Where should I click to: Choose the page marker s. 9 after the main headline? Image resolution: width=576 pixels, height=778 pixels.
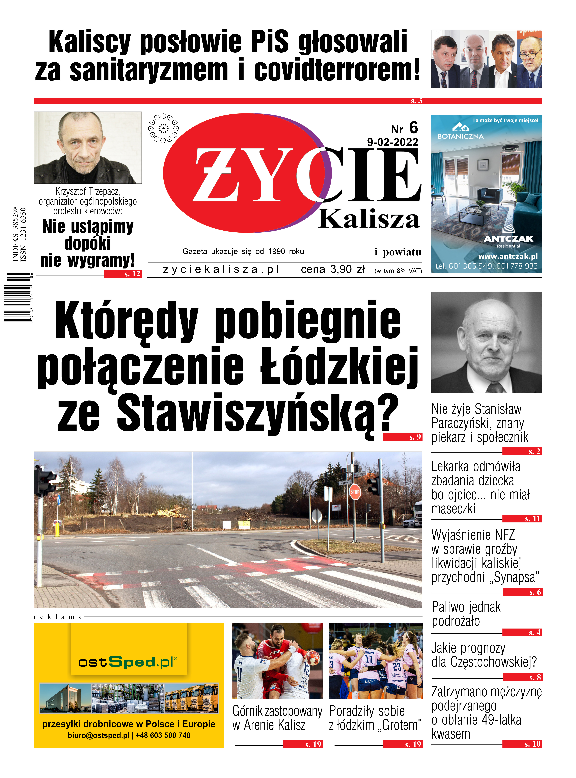point(415,437)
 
